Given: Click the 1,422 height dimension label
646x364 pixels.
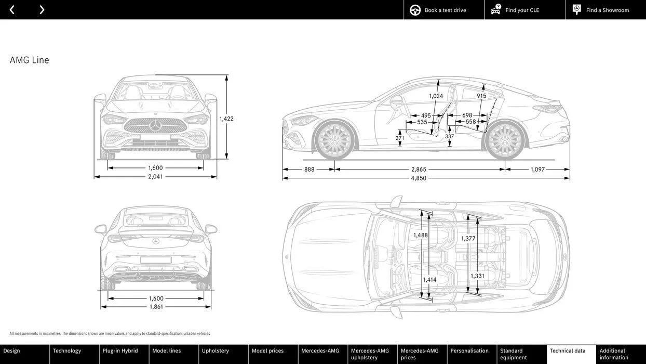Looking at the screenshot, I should point(226,119).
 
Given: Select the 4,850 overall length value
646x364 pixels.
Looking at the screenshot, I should point(419,178).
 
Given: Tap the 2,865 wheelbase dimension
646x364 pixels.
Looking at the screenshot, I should point(419,169).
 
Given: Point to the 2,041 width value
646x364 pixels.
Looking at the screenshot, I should point(155,176).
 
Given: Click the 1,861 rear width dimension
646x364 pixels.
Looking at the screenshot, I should point(156,306).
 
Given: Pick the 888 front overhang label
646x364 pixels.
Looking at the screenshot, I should point(309,169).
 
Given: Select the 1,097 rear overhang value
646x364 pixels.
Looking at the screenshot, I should point(537,169).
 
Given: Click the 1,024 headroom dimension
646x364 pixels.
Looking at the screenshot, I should point(436,96).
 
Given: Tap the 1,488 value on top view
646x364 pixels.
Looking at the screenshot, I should point(421,235).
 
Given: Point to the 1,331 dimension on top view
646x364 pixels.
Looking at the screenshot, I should point(477,276).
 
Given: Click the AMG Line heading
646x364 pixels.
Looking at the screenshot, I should point(30,60).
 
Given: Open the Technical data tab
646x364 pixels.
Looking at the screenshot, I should point(568,351).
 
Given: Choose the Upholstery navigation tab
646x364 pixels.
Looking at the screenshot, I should point(216,351).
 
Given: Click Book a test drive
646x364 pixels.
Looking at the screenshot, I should point(445,10).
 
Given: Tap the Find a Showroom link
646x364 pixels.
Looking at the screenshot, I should point(607,10).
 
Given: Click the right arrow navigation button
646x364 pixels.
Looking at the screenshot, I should point(42,10).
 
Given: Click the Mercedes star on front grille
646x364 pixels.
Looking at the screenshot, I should point(155,125).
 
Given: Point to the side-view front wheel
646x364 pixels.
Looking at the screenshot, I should point(334,141).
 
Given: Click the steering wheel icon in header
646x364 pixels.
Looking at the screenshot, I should point(415,10).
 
